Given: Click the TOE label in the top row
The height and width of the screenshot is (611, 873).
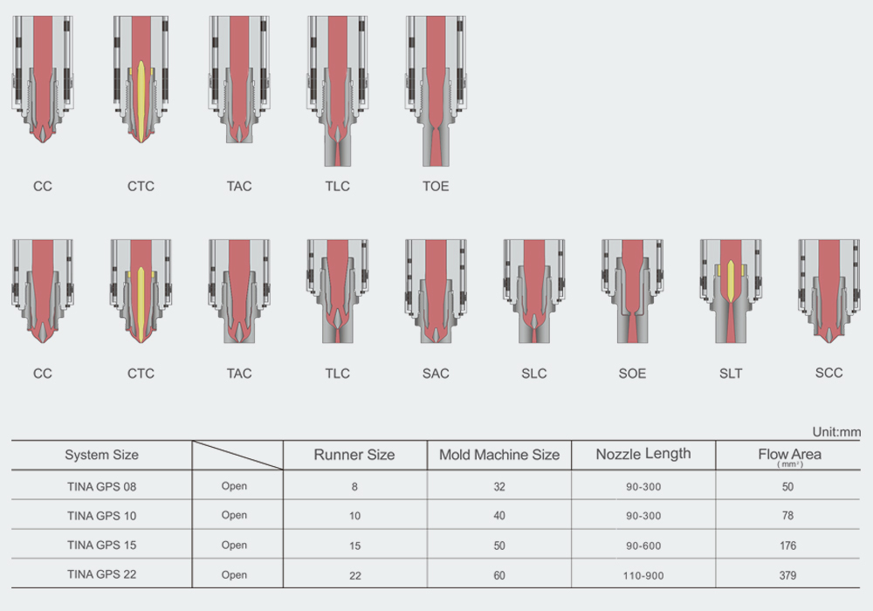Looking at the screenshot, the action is click(x=436, y=186).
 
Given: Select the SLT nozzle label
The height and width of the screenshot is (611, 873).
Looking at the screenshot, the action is click(x=731, y=374).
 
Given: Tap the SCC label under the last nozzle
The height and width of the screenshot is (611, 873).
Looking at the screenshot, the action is click(x=828, y=373).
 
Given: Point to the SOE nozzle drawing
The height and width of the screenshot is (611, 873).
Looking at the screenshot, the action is click(x=632, y=291).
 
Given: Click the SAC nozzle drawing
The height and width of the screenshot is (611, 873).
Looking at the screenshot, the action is click(x=436, y=291).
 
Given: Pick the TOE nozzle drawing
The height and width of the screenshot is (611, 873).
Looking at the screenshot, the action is click(x=436, y=91).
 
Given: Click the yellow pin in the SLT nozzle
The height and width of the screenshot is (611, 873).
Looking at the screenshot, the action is click(x=731, y=281).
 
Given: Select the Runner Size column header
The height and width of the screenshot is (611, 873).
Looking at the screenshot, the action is click(x=354, y=455).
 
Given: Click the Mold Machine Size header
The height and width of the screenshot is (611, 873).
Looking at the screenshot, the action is click(x=499, y=455).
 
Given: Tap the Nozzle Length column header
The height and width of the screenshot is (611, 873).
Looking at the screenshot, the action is click(x=643, y=454).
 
